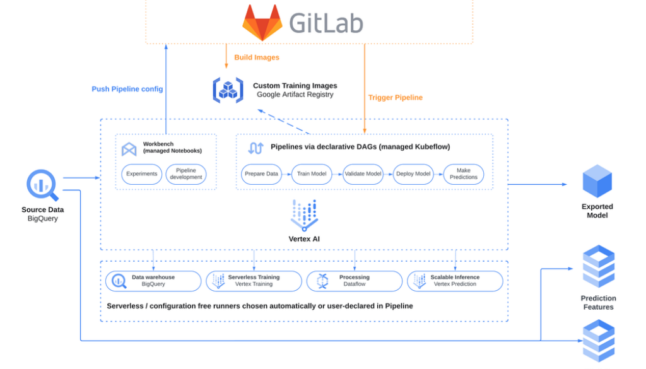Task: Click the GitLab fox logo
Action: pyautogui.click(x=262, y=23)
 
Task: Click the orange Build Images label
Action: pyautogui.click(x=257, y=57)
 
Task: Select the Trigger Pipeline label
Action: pyautogui.click(x=396, y=98)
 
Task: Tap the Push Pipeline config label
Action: pyautogui.click(x=127, y=89)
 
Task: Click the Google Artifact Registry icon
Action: pyautogui.click(x=228, y=90)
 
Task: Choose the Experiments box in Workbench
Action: pyautogui.click(x=142, y=174)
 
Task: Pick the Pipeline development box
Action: pyautogui.click(x=186, y=174)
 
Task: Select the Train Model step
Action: pyautogui.click(x=310, y=174)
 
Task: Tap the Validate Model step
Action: pyautogui.click(x=362, y=174)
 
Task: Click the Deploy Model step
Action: pyautogui.click(x=413, y=174)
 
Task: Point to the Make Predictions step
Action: pyautogui.click(x=464, y=174)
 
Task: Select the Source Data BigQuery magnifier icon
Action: pyautogui.click(x=42, y=185)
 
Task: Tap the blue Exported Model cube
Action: pyautogui.click(x=597, y=181)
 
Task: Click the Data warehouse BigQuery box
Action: pyautogui.click(x=153, y=281)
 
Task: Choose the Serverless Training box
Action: pyautogui.click(x=254, y=281)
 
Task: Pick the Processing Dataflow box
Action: pyautogui.click(x=354, y=281)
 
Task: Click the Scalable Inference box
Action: pyautogui.click(x=455, y=281)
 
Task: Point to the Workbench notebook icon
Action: pyautogui.click(x=129, y=149)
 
